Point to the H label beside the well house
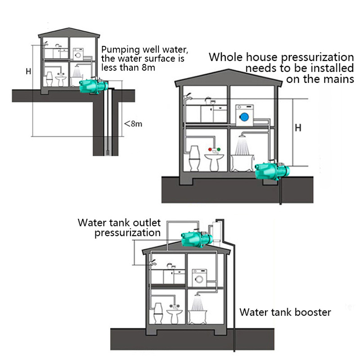[x=28, y=71]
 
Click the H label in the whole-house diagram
[x=297, y=128]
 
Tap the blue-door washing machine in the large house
[x=244, y=115]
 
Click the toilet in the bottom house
[x=157, y=311]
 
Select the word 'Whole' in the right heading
[x=225, y=58]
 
